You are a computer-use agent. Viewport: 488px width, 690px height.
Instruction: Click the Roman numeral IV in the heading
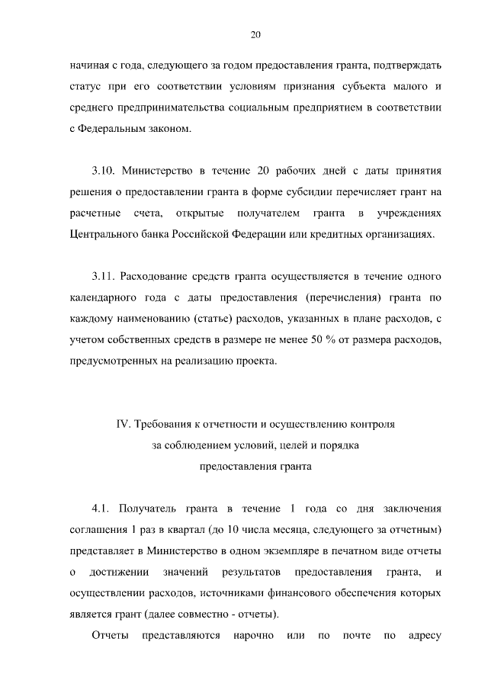(x=122, y=422)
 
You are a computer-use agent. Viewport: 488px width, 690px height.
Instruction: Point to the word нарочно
(x=255, y=635)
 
